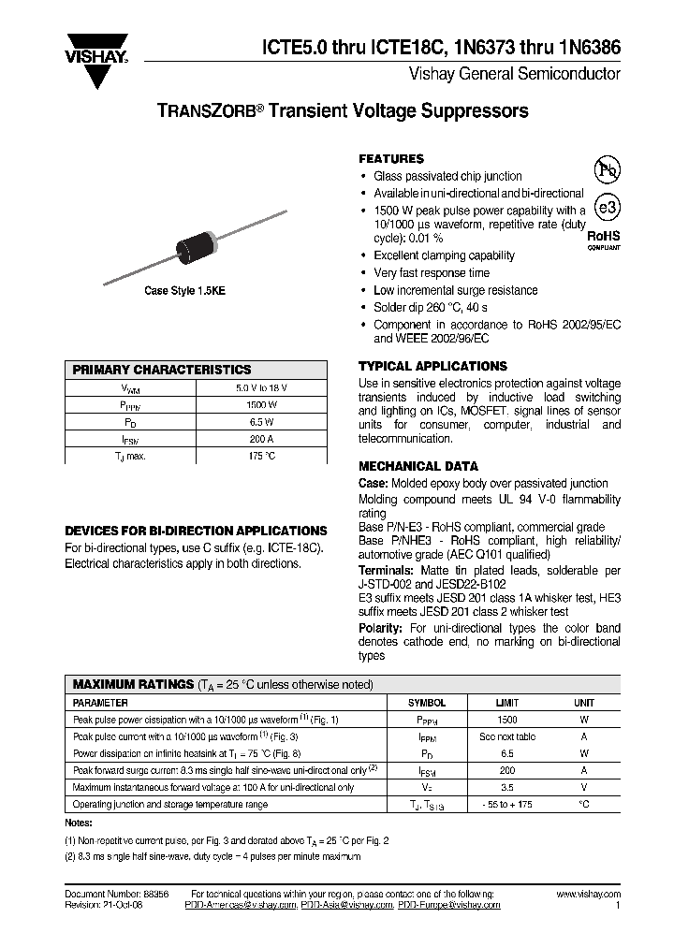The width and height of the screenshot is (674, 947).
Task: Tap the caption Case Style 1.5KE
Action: (x=184, y=292)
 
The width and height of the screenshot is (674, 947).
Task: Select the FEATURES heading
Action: (x=391, y=159)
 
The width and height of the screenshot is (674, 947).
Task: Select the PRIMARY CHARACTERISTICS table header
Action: (x=162, y=370)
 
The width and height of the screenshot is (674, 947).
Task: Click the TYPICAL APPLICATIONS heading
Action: (x=432, y=367)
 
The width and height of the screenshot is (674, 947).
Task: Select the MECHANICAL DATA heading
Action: (x=418, y=466)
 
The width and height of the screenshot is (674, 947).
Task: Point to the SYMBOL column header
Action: (x=427, y=702)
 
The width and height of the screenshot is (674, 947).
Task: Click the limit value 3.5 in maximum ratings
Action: (x=507, y=787)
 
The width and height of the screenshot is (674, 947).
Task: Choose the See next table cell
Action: (x=507, y=736)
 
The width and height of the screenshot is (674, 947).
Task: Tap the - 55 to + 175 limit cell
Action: (x=507, y=804)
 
